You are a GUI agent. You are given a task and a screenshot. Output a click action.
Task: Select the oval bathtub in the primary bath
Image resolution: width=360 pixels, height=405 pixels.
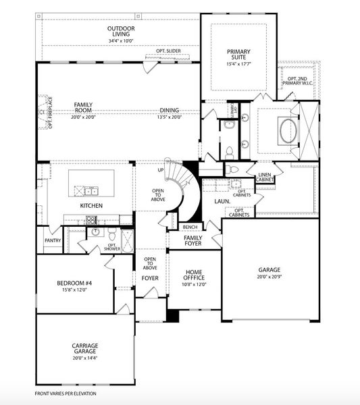(x=286, y=130)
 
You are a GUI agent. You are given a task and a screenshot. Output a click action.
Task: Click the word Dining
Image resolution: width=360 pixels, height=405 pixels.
(x=170, y=111)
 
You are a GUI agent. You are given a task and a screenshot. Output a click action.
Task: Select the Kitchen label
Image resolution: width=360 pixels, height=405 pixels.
(x=91, y=205)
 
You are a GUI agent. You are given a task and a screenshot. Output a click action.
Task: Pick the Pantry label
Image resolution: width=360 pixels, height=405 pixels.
(x=52, y=240)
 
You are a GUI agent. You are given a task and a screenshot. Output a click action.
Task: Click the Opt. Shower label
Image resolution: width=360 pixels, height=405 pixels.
(x=112, y=247)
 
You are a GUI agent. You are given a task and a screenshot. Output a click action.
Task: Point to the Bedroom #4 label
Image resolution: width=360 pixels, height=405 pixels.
(x=72, y=283)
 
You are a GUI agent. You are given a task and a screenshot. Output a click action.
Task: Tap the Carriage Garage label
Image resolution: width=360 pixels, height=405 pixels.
(x=85, y=348)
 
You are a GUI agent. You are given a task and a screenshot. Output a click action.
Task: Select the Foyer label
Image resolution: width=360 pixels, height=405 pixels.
(x=150, y=278)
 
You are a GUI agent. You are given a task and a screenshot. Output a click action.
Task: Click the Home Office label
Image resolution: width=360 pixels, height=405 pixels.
(x=194, y=275)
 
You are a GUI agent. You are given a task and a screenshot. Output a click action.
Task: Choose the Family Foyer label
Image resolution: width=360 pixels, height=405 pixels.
(x=194, y=241)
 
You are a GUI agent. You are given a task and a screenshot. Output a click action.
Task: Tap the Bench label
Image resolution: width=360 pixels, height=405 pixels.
(x=190, y=227)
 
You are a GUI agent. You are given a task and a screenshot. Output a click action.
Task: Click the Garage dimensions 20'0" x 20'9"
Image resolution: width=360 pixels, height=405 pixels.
(x=269, y=276)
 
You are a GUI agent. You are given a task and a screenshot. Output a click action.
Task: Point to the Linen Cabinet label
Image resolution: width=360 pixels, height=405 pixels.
(x=265, y=178)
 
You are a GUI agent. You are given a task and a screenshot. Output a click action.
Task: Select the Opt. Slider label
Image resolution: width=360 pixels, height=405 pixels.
(x=169, y=51)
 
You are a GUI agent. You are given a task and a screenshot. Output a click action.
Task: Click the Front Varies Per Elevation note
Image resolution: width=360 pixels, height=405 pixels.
(x=66, y=393)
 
